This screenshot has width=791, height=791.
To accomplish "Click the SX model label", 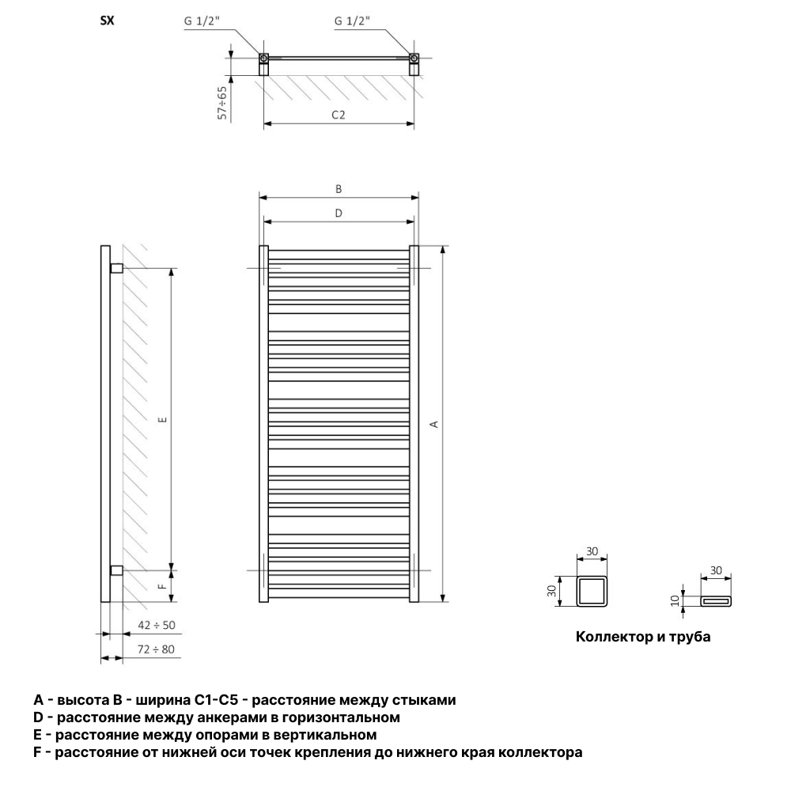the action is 108,21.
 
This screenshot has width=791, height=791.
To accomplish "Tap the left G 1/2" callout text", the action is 202,21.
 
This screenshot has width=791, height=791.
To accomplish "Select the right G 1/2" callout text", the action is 352,21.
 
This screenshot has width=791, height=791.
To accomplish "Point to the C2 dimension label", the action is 339,115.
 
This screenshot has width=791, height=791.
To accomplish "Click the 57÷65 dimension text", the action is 222,103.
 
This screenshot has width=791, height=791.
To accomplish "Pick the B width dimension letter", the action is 339,189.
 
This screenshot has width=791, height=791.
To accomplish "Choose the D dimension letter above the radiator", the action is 339,214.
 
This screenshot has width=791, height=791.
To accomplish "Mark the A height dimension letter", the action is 433,424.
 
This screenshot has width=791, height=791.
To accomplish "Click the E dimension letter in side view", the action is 162,419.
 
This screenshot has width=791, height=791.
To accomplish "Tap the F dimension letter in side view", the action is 162,586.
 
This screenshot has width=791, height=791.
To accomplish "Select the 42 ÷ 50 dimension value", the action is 157,625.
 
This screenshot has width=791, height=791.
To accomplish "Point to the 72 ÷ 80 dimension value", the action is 157,649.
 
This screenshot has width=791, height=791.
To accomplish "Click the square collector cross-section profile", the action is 592,591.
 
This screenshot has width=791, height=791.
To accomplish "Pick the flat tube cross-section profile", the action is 716,601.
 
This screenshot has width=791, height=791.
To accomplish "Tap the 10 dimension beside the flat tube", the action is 676,601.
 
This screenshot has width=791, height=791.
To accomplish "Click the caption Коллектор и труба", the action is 643,637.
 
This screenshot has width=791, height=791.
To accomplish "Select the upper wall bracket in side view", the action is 116,268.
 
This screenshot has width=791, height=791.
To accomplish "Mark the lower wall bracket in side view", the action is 116,570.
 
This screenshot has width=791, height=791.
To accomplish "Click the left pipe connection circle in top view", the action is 263,59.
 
